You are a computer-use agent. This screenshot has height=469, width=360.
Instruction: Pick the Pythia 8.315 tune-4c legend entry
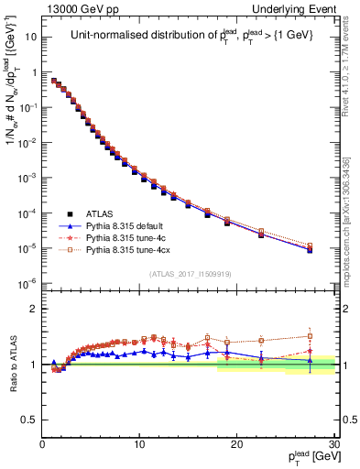tap(125, 235)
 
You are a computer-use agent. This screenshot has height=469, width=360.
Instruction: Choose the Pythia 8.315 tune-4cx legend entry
tap(127, 248)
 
